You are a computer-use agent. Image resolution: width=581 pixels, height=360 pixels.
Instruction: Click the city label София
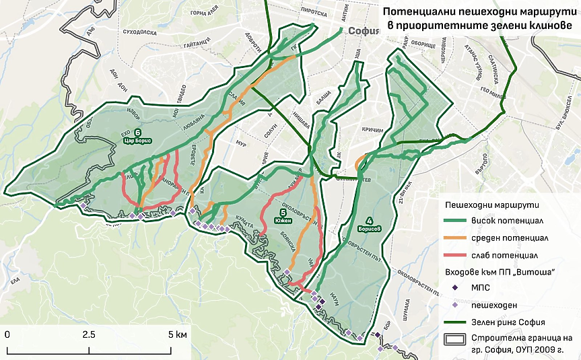[x=365, y=31]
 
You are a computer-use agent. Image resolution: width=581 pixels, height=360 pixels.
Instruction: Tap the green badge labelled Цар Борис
[x=137, y=137]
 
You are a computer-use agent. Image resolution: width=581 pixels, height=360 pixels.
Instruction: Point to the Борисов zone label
[x=369, y=224]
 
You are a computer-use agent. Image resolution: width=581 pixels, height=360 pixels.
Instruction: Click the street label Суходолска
[x=130, y=31]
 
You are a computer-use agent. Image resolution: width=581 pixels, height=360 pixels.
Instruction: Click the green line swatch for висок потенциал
[x=458, y=221]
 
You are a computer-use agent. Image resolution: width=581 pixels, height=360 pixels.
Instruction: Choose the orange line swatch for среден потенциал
[x=458, y=238]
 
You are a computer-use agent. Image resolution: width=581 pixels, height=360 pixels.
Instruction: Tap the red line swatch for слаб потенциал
[x=458, y=256]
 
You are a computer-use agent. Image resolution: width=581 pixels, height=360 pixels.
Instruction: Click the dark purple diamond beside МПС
[x=456, y=288]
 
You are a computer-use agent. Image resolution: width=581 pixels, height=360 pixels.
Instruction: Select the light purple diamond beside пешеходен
[x=456, y=305]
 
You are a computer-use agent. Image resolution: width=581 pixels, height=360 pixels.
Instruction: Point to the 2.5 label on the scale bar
[x=88, y=334]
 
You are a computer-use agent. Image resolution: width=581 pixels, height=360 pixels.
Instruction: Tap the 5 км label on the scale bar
[x=178, y=334]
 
